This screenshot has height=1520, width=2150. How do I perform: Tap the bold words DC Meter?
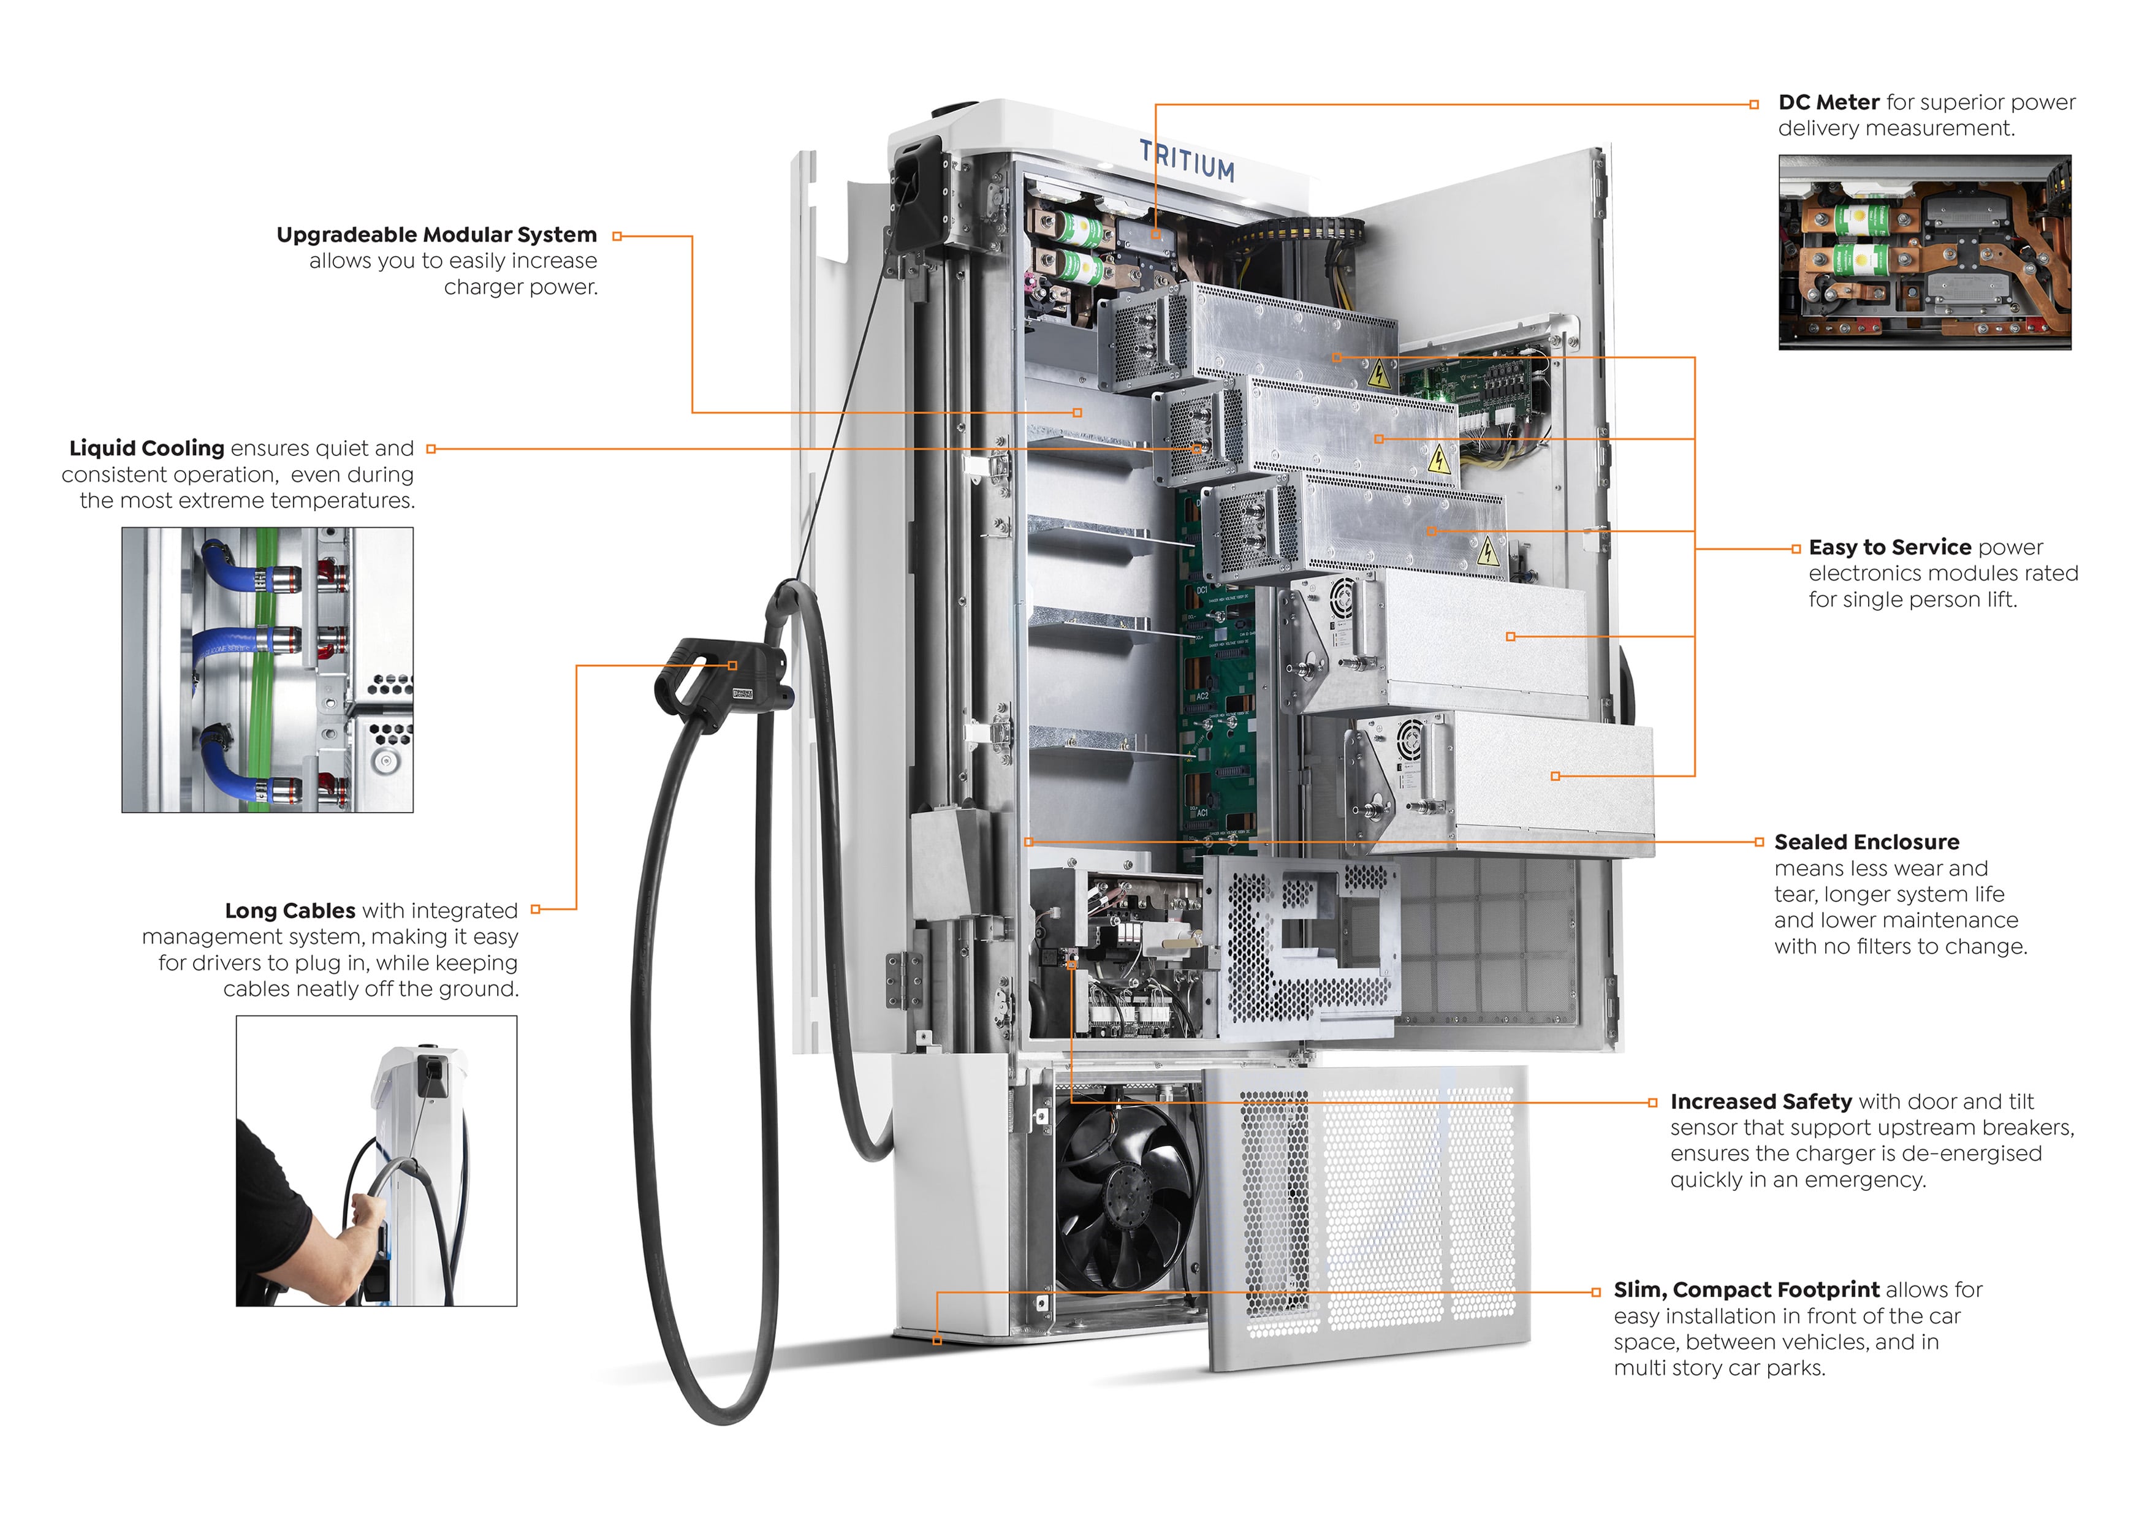tap(1828, 102)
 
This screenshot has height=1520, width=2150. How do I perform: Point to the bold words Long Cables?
tap(291, 910)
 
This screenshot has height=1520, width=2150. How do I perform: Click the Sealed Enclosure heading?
tap(1866, 842)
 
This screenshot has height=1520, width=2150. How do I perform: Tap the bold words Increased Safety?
tap(1760, 1101)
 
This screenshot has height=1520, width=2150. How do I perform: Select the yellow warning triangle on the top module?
tap(1378, 376)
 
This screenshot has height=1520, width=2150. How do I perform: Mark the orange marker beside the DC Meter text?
tap(1754, 104)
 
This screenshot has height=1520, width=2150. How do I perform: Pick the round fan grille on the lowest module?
tap(1409, 740)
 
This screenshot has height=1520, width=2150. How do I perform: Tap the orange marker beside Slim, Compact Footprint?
tap(1595, 1293)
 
